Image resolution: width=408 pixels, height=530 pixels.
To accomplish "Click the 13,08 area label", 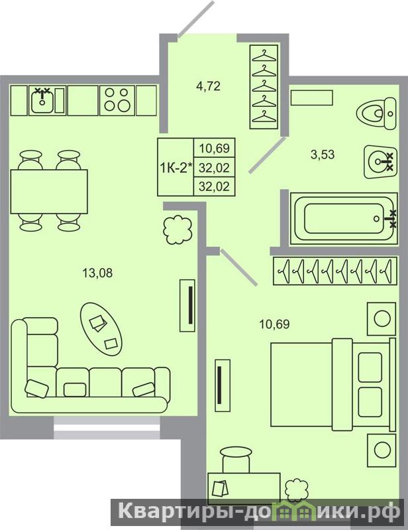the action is coord(97,273).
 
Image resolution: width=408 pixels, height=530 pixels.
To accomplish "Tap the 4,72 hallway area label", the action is coord(208,86).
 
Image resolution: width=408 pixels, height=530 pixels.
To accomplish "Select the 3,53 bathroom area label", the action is coord(323,155).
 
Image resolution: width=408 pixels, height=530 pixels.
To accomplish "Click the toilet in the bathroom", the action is coord(376,113).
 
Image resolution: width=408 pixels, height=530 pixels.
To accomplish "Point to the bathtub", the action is coord(344,219).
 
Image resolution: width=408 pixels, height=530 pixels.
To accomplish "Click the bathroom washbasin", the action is coord(379,162).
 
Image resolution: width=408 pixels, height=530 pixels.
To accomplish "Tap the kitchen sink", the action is coord(42,100).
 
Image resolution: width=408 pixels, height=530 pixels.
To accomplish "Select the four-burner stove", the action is coord(117,100).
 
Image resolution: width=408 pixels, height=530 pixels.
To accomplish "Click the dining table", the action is coord(49,192).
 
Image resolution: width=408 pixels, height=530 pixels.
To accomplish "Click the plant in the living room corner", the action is coord(178,230).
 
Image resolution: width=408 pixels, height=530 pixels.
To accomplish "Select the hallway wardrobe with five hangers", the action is coord(264,87).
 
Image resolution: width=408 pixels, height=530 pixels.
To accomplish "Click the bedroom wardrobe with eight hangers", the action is coord(334,271).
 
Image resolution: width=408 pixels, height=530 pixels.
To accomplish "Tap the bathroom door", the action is coord(267,155).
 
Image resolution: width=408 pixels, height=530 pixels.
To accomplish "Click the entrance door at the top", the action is coord(196,19).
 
